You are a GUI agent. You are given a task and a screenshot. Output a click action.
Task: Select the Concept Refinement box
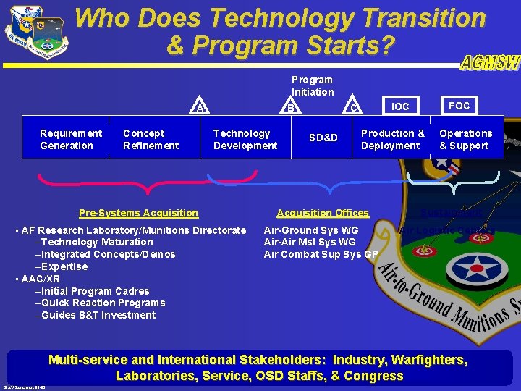click(x=151, y=139)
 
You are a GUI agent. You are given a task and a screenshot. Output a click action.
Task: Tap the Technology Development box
click(x=245, y=139)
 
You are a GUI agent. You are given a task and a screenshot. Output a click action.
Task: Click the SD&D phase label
click(x=323, y=138)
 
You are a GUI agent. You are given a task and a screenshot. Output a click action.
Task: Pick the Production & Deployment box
click(x=392, y=139)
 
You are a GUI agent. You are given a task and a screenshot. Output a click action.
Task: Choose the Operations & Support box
click(x=465, y=139)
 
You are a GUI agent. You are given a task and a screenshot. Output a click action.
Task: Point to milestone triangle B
click(x=290, y=108)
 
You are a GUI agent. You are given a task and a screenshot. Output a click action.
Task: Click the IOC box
click(x=400, y=106)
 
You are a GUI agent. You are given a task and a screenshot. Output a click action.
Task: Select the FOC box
click(x=459, y=106)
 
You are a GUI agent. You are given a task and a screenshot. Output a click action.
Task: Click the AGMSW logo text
click(x=489, y=63)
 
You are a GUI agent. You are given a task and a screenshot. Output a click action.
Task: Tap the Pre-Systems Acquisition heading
click(x=138, y=213)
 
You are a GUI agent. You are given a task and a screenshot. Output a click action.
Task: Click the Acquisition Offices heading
click(x=323, y=213)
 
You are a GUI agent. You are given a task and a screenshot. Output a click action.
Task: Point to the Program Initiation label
click(x=312, y=85)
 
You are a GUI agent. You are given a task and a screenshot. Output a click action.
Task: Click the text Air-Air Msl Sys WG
click(x=310, y=242)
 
